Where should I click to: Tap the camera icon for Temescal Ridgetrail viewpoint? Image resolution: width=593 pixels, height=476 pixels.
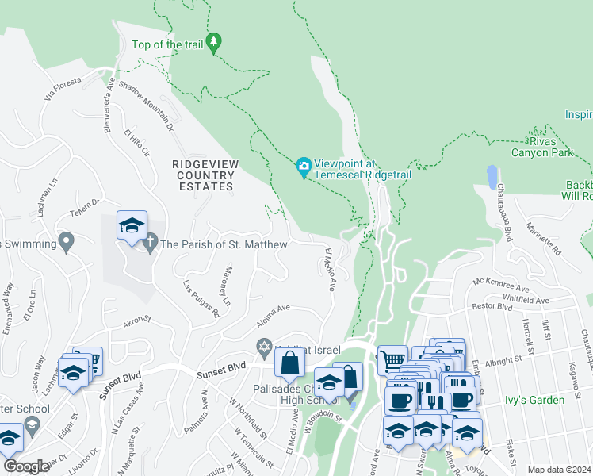303,167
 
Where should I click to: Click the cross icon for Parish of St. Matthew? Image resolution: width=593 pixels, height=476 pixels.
151,244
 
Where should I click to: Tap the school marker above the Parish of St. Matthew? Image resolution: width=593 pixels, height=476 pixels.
132,226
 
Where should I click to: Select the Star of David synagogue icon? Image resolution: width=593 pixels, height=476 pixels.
265,347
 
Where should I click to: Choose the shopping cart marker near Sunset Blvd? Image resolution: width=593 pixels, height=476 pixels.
392,359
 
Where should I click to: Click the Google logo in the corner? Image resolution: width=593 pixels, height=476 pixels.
26,466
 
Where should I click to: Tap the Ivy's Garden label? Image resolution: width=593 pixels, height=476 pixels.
535,400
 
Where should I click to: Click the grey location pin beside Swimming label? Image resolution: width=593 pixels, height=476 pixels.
67,240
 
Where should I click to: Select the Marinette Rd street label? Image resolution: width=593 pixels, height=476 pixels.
546,238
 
